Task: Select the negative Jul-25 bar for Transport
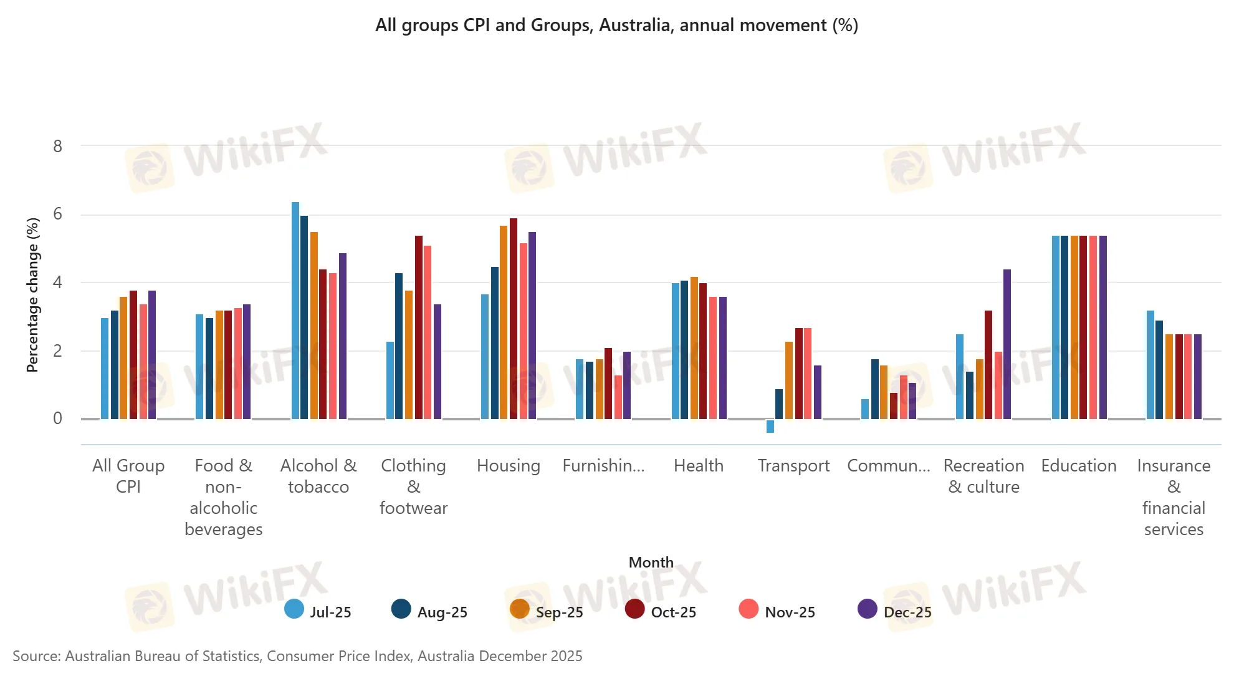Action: [770, 427]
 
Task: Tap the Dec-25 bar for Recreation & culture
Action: [1007, 344]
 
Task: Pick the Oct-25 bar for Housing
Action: [514, 319]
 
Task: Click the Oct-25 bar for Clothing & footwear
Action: [419, 327]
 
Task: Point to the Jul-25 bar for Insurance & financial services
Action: [1150, 365]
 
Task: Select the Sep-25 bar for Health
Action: [694, 348]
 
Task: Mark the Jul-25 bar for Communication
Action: [865, 409]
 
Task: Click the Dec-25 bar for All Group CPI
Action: [152, 355]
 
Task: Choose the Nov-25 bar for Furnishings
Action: [618, 397]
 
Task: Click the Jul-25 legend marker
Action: [294, 609]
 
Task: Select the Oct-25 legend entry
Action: [661, 611]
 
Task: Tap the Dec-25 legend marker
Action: [868, 609]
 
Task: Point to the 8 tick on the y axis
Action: [58, 147]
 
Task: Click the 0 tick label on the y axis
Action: [58, 418]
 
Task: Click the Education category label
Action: [1078, 466]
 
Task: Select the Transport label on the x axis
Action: [793, 466]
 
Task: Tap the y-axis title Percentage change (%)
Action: [32, 295]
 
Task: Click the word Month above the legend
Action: [651, 563]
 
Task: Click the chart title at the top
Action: [616, 26]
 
